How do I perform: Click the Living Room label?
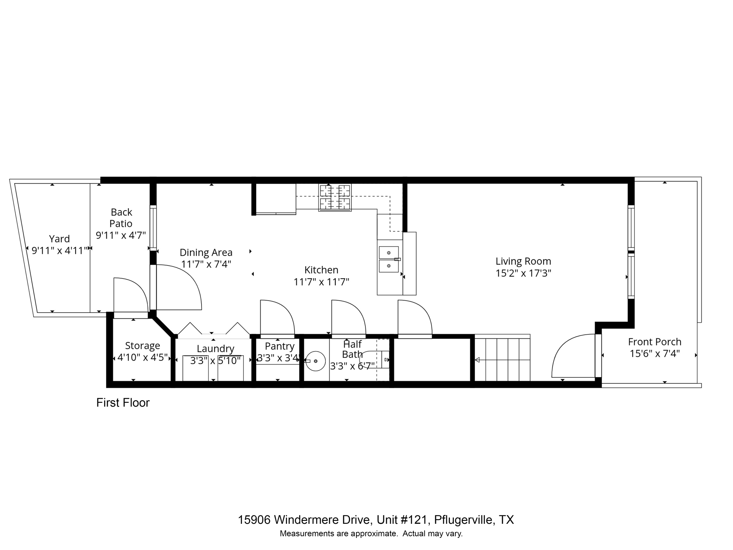pyautogui.click(x=523, y=261)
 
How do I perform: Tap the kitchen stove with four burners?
pyautogui.click(x=335, y=197)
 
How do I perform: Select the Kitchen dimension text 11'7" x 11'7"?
pyautogui.click(x=321, y=282)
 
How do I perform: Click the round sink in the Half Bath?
pyautogui.click(x=315, y=361)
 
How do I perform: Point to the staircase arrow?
pyautogui.click(x=477, y=360)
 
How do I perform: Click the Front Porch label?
pyautogui.click(x=654, y=342)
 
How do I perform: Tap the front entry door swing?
pyautogui.click(x=573, y=356)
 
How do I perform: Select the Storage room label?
pyautogui.click(x=142, y=346)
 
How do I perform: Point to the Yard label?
pyautogui.click(x=59, y=239)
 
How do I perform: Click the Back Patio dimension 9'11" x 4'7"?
pyautogui.click(x=121, y=235)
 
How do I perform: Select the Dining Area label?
pyautogui.click(x=206, y=252)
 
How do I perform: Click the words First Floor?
pyautogui.click(x=122, y=403)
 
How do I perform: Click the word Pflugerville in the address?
pyautogui.click(x=463, y=520)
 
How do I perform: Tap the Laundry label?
pyautogui.click(x=215, y=348)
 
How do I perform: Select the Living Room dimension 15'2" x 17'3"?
pyautogui.click(x=523, y=273)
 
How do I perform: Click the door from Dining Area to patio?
pyautogui.click(x=177, y=286)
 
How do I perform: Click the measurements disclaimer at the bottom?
pyautogui.click(x=371, y=534)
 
